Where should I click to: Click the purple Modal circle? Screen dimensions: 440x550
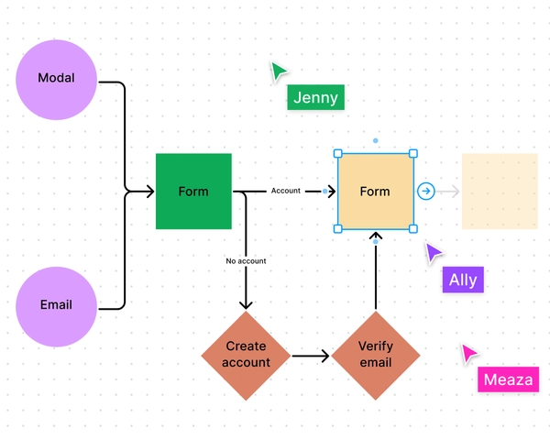click(x=56, y=79)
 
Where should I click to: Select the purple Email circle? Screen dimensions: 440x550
click(x=56, y=305)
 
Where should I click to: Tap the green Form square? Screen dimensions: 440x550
click(x=193, y=191)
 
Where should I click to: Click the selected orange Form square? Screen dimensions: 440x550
click(x=375, y=191)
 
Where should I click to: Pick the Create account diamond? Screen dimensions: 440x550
click(x=246, y=355)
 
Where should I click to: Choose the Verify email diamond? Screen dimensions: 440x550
click(x=375, y=355)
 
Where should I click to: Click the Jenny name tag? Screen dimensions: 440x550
click(x=315, y=98)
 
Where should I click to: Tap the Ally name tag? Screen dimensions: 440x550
click(x=463, y=280)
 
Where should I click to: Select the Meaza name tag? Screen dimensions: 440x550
click(x=508, y=379)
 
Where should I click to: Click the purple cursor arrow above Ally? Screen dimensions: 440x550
click(x=434, y=253)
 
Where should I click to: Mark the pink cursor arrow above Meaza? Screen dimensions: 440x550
click(x=469, y=354)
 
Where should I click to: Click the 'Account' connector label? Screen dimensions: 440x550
click(x=285, y=191)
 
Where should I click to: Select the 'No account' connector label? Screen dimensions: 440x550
click(x=246, y=261)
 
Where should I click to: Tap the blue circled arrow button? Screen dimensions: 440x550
click(x=426, y=191)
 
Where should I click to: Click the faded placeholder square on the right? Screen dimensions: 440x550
click(x=499, y=191)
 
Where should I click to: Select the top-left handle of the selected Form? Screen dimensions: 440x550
click(x=337, y=154)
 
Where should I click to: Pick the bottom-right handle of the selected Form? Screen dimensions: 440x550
click(x=412, y=228)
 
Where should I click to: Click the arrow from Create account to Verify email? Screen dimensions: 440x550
click(x=310, y=355)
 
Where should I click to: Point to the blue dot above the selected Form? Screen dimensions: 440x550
click(x=375, y=141)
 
